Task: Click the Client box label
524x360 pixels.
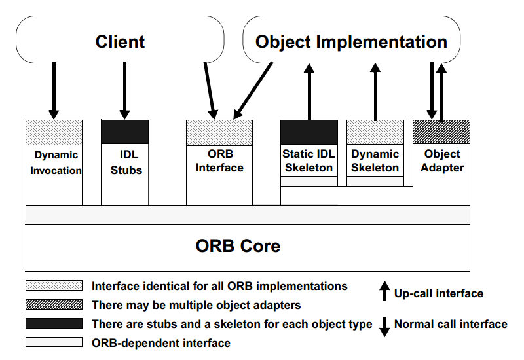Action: (x=120, y=42)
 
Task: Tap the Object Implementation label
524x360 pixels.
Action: (x=351, y=42)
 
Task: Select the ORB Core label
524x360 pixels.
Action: (x=238, y=246)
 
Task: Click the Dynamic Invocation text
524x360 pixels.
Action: (x=56, y=162)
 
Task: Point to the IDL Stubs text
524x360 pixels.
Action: (x=126, y=162)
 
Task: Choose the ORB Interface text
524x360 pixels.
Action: (x=219, y=160)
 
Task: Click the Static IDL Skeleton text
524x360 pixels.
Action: (x=309, y=160)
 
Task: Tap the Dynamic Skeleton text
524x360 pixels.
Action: (x=375, y=160)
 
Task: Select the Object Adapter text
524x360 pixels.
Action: (x=442, y=160)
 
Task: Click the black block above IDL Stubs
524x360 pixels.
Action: (x=124, y=132)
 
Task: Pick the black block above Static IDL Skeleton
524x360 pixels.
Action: (x=309, y=132)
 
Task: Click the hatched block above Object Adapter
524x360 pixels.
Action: (x=441, y=132)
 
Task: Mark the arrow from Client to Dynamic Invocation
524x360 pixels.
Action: (x=54, y=90)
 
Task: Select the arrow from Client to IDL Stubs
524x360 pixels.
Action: (x=124, y=90)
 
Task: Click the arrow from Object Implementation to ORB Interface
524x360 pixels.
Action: (x=253, y=90)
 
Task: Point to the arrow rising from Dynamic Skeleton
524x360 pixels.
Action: (x=375, y=92)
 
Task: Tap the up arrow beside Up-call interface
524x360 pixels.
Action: (x=384, y=291)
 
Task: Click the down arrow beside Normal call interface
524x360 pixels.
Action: (x=384, y=327)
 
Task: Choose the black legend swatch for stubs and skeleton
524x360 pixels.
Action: (x=54, y=323)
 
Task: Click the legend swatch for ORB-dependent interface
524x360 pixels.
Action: (x=54, y=342)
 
